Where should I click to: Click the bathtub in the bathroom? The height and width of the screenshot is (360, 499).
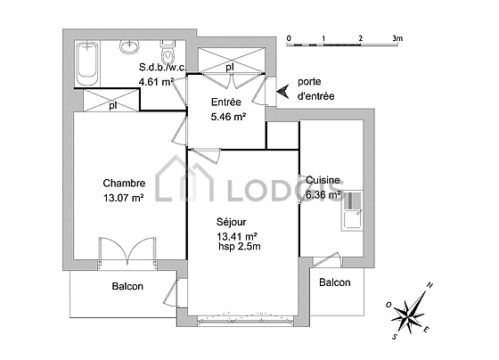[87, 63]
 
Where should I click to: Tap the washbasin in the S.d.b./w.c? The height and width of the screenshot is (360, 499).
[129, 46]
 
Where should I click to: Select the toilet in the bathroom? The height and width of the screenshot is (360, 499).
[168, 53]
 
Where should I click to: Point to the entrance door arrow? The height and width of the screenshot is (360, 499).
[282, 92]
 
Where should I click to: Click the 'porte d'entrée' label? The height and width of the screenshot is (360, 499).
[315, 89]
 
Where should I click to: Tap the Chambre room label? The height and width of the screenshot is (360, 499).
[124, 183]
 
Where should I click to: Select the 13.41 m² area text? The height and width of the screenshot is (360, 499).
[237, 236]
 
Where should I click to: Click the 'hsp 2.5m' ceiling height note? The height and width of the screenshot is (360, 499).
[240, 246]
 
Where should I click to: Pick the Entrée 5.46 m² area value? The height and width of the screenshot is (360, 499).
[228, 117]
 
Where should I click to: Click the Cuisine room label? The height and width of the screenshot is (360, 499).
[323, 180]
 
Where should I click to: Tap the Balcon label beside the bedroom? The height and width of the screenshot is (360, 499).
[127, 286]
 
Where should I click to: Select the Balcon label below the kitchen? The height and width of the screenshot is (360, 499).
[335, 282]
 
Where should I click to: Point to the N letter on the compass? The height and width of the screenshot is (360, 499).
[429, 285]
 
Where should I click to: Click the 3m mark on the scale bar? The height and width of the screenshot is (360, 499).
[397, 38]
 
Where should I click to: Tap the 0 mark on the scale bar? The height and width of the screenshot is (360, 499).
[289, 38]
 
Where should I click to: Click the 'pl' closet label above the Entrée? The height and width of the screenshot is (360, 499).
[230, 67]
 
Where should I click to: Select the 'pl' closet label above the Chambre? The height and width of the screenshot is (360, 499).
[112, 105]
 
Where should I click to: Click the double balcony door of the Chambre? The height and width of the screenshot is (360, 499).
[127, 250]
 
